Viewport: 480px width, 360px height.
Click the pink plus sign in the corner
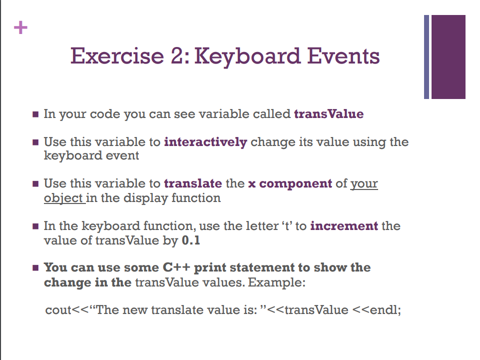click(20, 27)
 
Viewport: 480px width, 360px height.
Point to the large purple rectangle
click(448, 56)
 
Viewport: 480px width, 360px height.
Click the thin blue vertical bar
click(427, 56)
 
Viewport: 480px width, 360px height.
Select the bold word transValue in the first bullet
click(329, 114)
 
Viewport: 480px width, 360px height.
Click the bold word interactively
click(205, 142)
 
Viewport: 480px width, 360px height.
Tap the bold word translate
click(193, 183)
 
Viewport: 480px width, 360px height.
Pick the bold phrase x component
click(290, 183)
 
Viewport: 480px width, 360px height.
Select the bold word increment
click(344, 226)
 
